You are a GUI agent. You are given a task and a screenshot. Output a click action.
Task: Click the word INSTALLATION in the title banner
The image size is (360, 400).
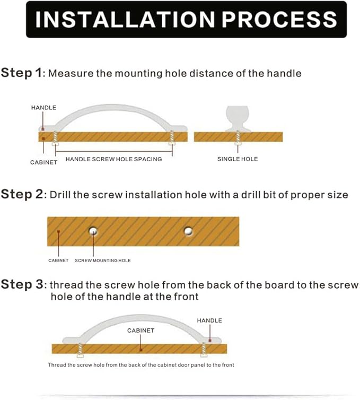(x=125, y=20)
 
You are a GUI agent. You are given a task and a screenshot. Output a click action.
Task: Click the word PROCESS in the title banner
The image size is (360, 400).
(x=280, y=20)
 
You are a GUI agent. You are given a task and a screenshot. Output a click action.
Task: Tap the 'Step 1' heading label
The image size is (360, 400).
(x=21, y=73)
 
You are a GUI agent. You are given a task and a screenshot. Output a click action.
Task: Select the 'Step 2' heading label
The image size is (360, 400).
(x=22, y=194)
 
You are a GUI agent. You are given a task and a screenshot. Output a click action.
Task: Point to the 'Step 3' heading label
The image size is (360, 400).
(x=22, y=284)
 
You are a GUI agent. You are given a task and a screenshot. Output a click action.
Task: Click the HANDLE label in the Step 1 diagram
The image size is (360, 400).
(x=43, y=108)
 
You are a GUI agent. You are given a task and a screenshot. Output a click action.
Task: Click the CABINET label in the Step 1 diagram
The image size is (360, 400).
(x=43, y=162)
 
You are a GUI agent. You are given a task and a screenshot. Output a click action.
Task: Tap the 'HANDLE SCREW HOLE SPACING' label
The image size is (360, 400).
(x=113, y=159)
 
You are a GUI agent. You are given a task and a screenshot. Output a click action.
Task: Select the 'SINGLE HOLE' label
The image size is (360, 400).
(x=238, y=159)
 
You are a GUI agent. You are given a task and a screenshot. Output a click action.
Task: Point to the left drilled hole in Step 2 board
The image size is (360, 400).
(x=93, y=231)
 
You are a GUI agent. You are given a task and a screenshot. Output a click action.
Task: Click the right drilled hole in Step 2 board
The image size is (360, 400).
(x=188, y=231)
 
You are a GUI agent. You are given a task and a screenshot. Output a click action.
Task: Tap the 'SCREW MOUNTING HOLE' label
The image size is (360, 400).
(x=103, y=260)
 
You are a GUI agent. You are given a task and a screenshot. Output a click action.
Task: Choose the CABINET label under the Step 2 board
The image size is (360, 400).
(x=58, y=260)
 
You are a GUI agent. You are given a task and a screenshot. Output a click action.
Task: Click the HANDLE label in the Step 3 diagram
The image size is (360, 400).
(x=209, y=320)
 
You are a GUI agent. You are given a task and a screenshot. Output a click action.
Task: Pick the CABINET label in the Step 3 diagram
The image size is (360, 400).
(x=141, y=331)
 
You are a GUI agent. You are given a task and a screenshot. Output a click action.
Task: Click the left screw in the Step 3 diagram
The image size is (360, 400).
(x=80, y=350)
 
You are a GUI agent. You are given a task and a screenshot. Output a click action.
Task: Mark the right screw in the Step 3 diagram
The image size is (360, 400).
(x=204, y=350)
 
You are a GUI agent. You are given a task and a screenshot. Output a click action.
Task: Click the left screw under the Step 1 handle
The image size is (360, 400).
(x=55, y=138)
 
